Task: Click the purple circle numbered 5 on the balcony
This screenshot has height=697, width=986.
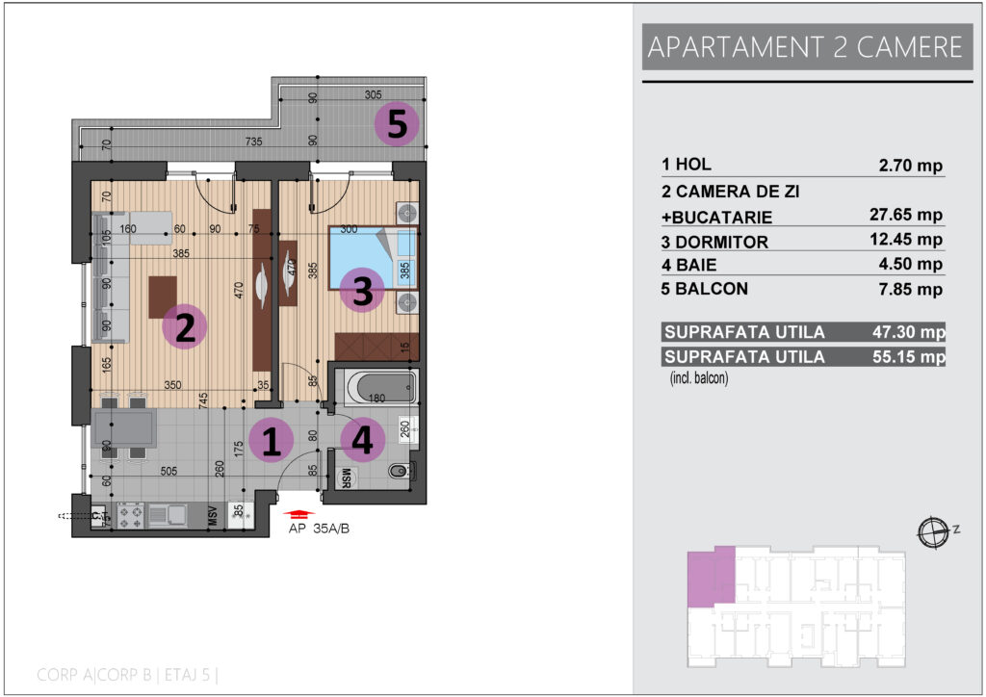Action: tap(396, 124)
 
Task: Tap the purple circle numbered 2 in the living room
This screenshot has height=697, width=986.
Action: tap(184, 326)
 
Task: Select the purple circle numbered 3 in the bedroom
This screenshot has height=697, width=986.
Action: tap(362, 291)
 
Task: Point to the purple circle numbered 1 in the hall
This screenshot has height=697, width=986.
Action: tap(271, 441)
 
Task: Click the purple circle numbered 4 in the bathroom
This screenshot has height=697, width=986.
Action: tap(363, 440)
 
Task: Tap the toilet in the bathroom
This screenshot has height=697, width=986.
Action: tap(401, 470)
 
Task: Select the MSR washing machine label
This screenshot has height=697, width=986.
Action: tap(346, 478)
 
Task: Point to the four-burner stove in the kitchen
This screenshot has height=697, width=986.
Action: tap(131, 515)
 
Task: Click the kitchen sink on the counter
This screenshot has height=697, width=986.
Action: tap(168, 515)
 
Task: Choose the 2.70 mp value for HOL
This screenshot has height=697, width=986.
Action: tap(911, 166)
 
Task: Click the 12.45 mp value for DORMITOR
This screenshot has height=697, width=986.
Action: tap(906, 240)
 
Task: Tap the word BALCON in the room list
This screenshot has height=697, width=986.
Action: tap(712, 289)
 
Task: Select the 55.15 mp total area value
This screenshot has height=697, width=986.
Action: tap(909, 357)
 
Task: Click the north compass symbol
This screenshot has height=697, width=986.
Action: tap(933, 532)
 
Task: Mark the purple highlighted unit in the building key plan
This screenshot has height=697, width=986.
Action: tap(711, 577)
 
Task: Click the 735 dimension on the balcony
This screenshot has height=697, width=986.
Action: tap(253, 142)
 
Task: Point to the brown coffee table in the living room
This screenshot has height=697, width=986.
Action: tap(163, 297)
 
